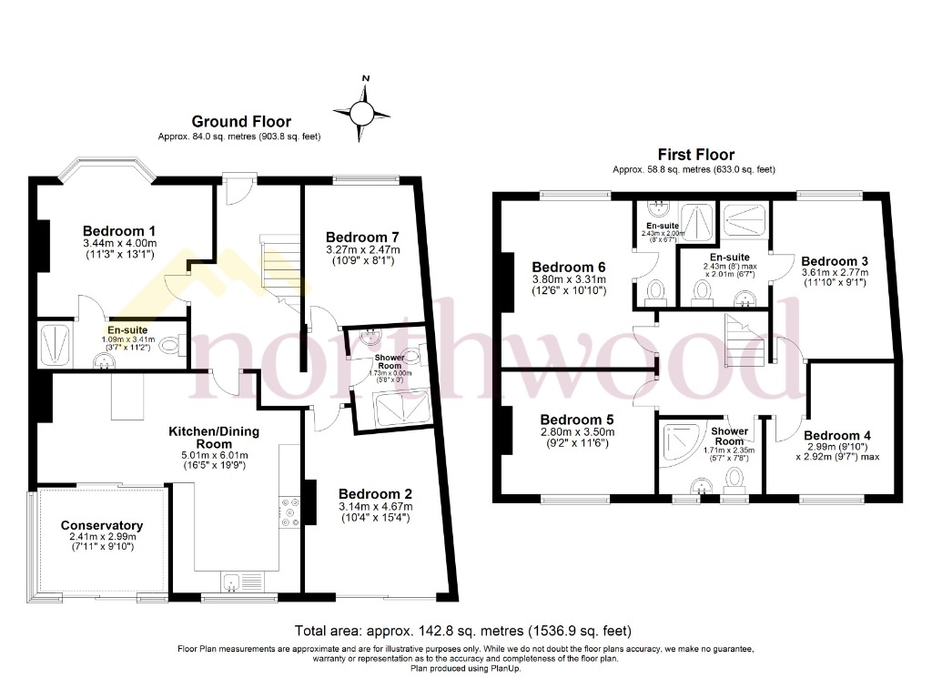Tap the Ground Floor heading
coord(241,121)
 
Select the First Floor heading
coord(696,155)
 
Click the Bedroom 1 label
coord(119,230)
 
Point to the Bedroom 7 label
coord(362,237)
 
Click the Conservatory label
coord(102,525)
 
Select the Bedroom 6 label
coord(569,267)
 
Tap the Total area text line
coord(463,630)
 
